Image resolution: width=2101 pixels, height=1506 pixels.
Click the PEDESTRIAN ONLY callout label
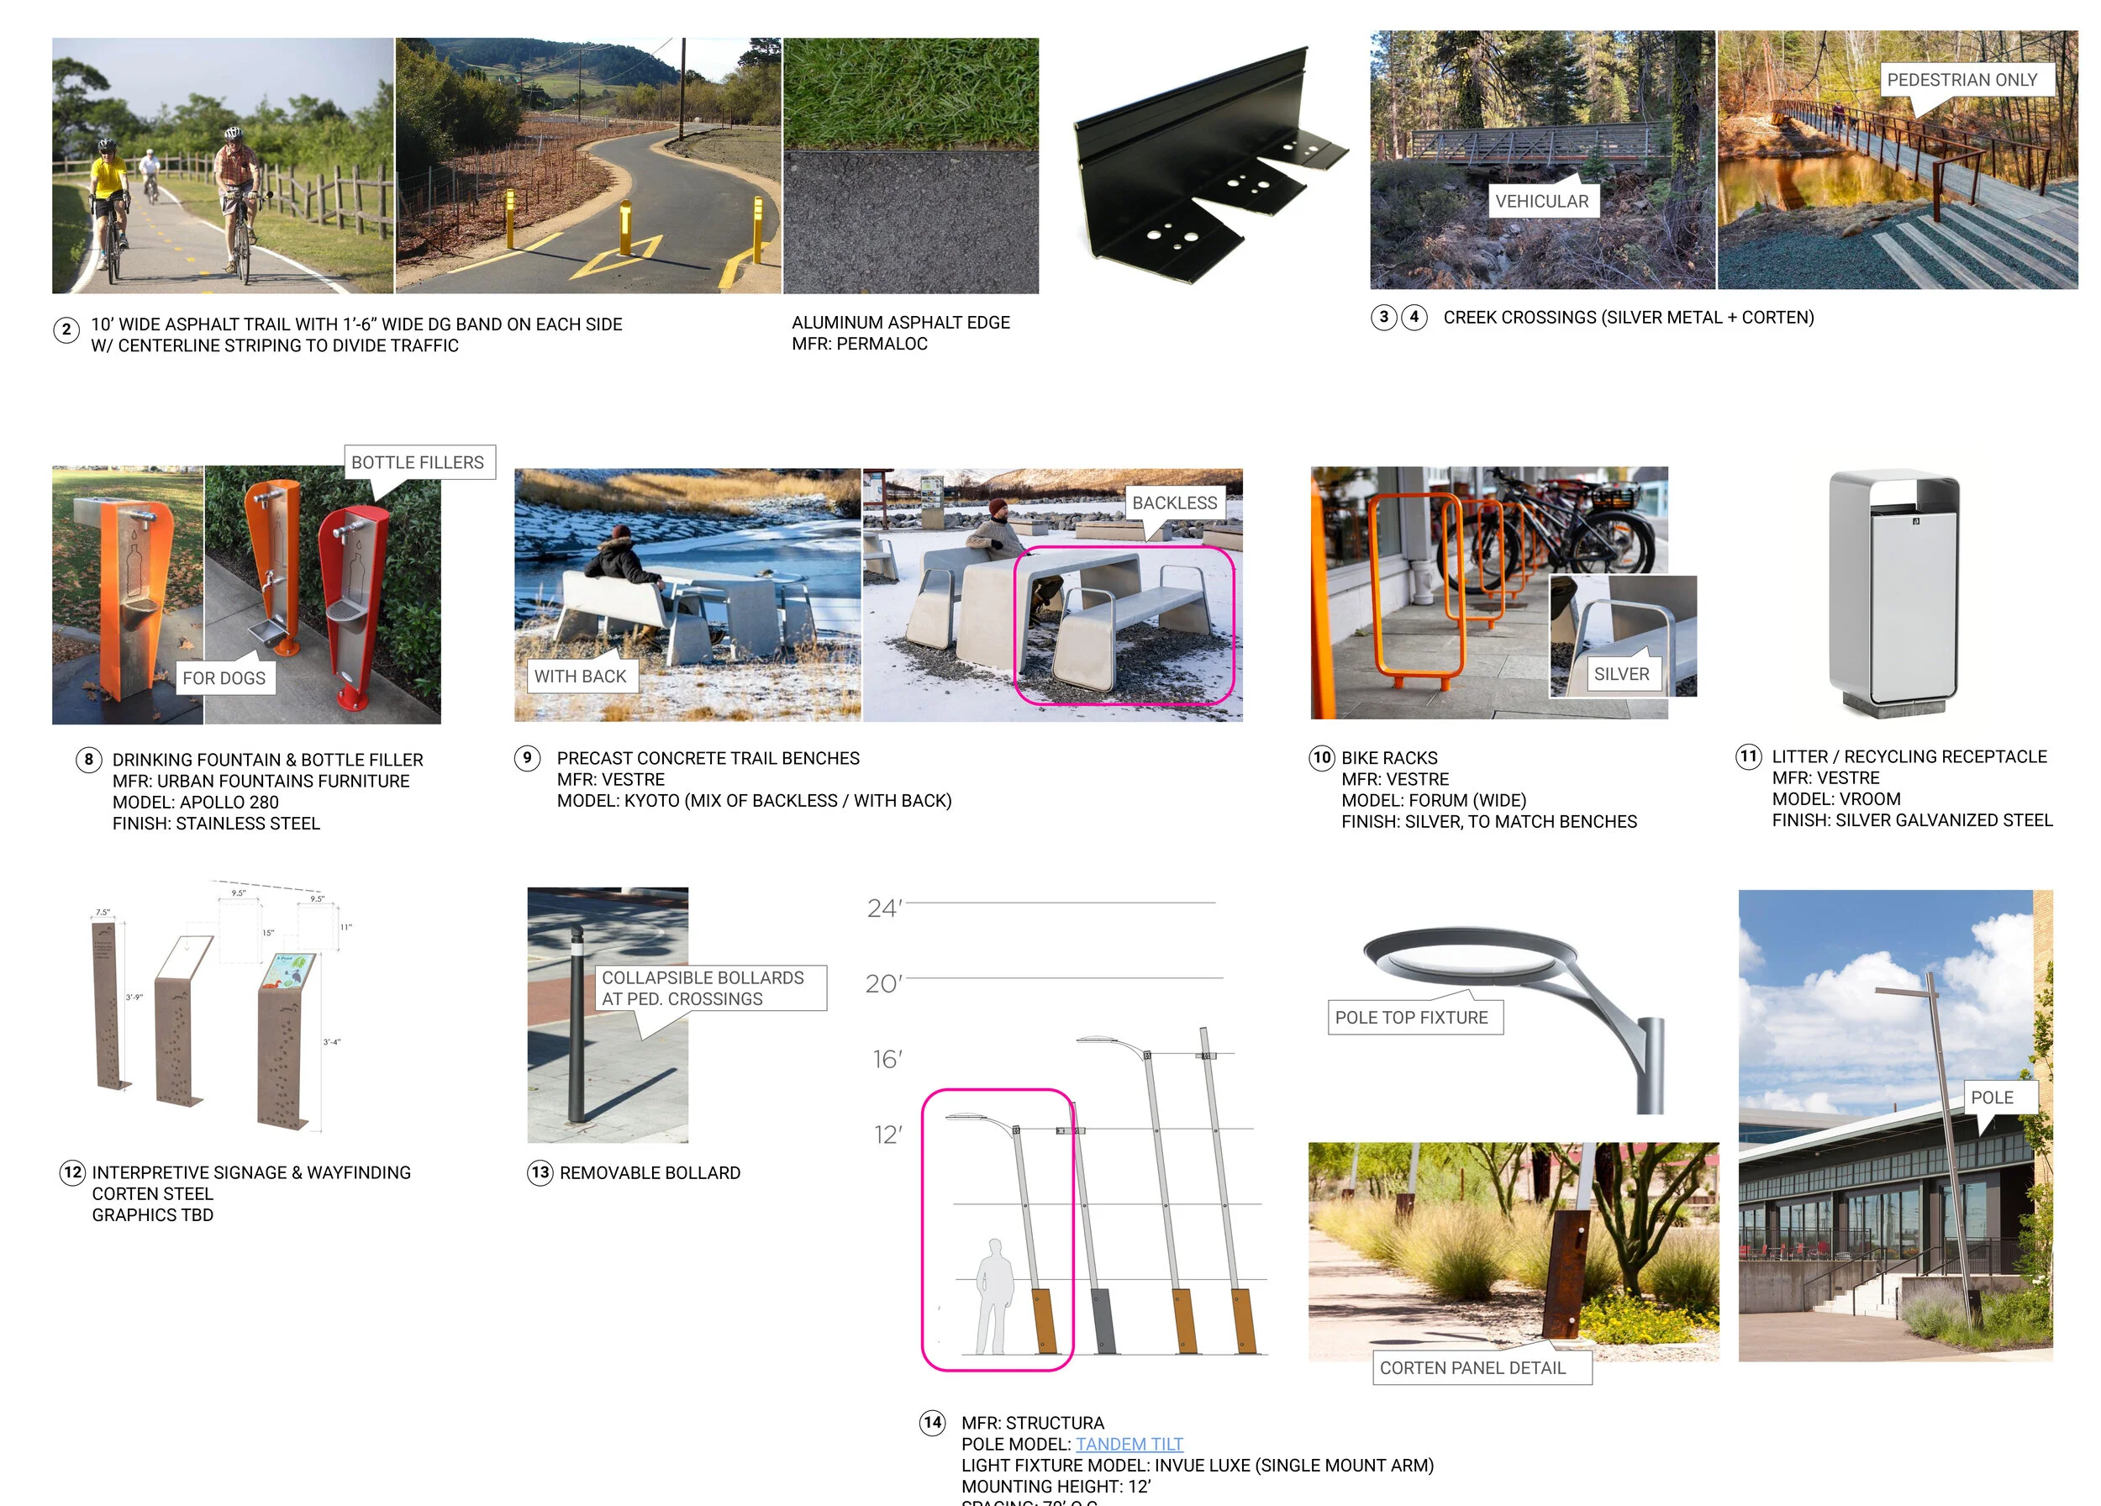point(1961,81)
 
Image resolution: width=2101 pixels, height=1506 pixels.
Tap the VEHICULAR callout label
point(1541,201)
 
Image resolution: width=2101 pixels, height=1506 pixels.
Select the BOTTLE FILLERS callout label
point(418,462)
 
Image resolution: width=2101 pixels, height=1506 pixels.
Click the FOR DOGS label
point(224,678)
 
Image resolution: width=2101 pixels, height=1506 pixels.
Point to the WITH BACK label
point(580,677)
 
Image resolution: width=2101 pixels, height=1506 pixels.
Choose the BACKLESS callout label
point(1174,503)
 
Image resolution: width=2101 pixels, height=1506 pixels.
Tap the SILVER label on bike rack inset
point(1621,674)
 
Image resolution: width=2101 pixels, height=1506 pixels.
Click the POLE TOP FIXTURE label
point(1411,1017)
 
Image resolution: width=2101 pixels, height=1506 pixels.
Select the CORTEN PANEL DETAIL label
point(1472,1368)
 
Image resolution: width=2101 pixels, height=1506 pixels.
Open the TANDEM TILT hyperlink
point(1129,1444)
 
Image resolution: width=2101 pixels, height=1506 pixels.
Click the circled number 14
point(932,1423)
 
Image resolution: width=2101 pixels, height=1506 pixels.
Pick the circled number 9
point(527,758)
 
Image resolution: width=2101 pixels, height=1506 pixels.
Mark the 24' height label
point(884,908)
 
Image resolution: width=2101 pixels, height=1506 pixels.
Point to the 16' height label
point(887,1059)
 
